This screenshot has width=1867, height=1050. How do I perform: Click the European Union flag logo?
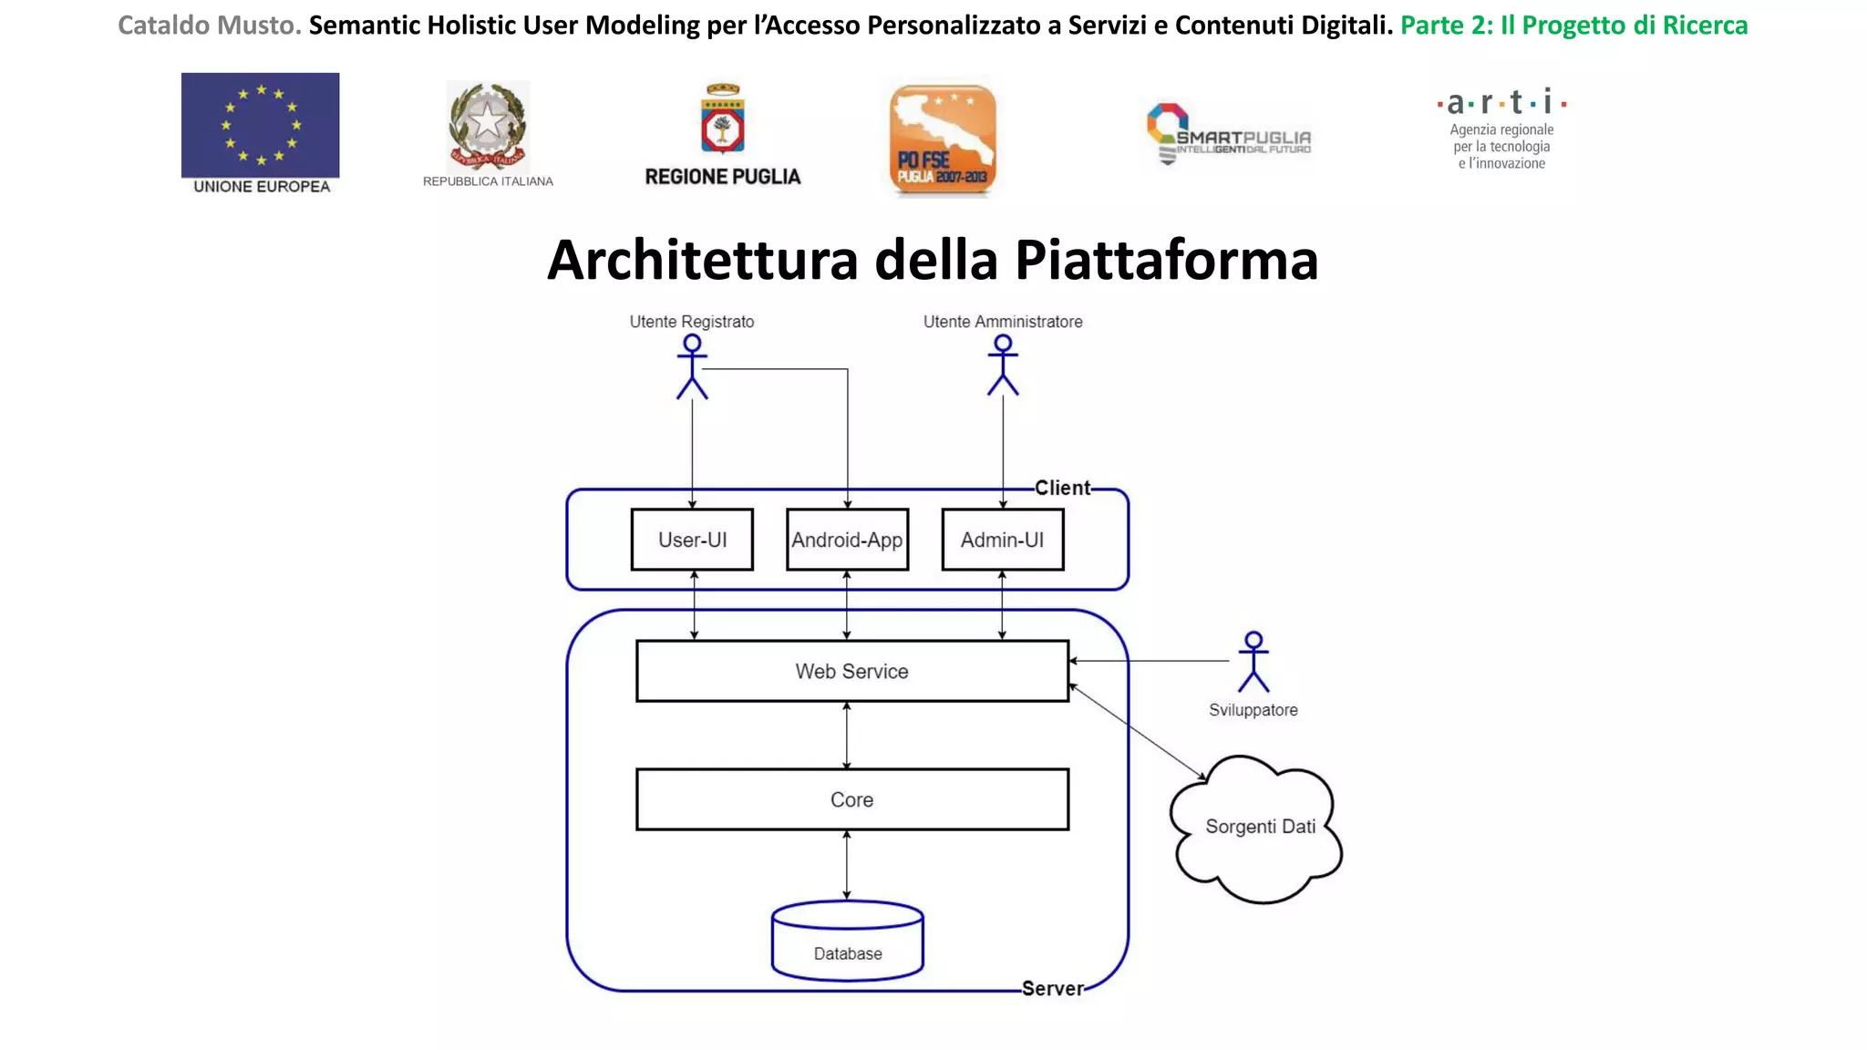point(261,125)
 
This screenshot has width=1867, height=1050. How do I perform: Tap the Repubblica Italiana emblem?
point(488,127)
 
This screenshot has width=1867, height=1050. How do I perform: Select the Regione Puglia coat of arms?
point(723,119)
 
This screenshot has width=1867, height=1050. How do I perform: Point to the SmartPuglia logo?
point(1228,136)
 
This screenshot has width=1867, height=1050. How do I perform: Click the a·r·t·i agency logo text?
point(1501,102)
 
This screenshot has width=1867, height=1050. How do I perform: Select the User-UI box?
point(692,540)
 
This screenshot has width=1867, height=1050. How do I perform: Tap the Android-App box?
point(847,540)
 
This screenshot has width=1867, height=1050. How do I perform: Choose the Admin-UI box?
point(1002,540)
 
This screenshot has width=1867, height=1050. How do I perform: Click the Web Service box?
point(851,671)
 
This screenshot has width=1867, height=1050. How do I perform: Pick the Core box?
point(851,799)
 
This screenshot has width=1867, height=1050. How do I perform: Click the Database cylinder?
point(847,942)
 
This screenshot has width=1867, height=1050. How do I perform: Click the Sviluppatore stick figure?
point(1253,662)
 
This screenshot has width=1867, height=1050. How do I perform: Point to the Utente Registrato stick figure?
point(692,366)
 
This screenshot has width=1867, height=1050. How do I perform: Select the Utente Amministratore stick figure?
point(1003,365)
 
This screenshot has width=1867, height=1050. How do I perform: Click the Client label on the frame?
point(1062,488)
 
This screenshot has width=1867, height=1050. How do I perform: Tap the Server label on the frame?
point(1052,989)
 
